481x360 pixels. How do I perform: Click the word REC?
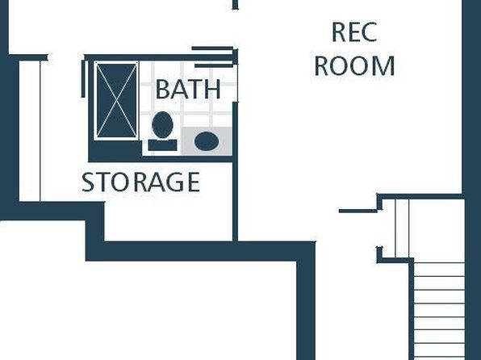[354, 32]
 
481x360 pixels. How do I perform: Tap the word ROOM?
[354, 65]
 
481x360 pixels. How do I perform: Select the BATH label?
[188, 89]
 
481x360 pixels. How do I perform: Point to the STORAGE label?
[140, 182]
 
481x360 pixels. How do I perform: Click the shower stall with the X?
[116, 101]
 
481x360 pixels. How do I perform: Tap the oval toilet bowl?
[162, 124]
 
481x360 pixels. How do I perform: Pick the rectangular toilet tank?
[162, 145]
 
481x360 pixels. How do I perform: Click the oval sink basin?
[207, 141]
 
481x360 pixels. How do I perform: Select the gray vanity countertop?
[207, 141]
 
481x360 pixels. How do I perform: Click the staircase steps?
[439, 310]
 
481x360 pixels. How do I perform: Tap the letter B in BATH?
[163, 89]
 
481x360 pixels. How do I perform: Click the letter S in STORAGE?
[87, 182]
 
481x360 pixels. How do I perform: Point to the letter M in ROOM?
[383, 65]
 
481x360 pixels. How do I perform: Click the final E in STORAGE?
[194, 182]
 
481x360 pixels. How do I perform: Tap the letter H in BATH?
[212, 89]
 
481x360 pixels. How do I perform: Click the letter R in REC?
[339, 32]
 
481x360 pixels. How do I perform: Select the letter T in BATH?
[194, 89]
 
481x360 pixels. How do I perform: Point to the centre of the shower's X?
[116, 101]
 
